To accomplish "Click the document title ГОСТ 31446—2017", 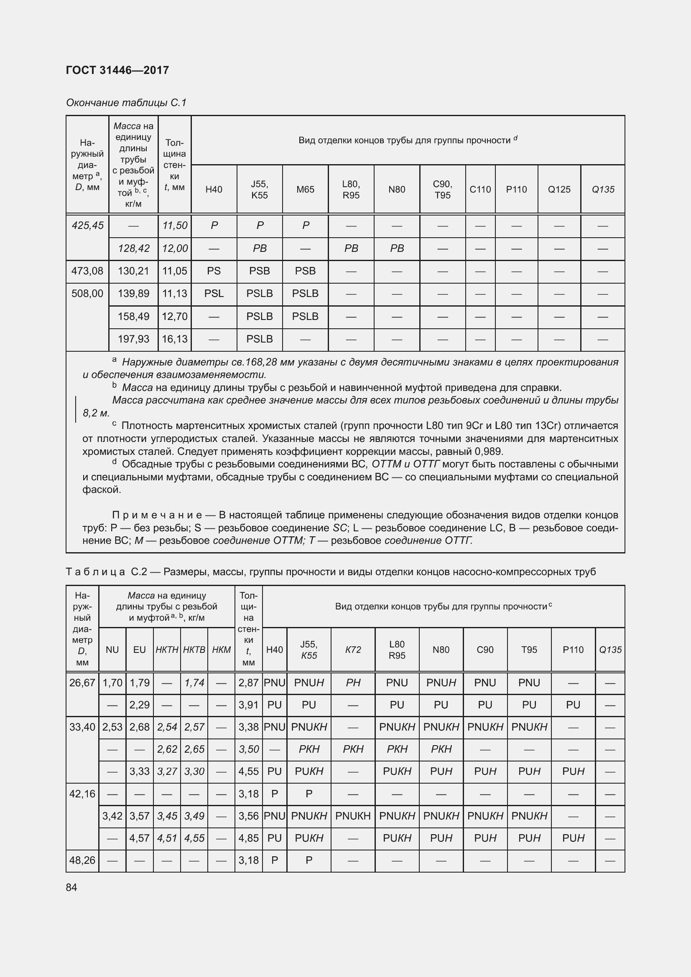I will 117,70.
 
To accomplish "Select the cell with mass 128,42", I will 133,249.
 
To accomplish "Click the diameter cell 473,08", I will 87,271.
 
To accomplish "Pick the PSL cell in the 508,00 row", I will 214,294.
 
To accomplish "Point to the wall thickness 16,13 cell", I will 175,339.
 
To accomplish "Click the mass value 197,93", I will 133,339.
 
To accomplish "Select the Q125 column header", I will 558,189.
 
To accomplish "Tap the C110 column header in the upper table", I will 480,189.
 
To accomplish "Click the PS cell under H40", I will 214,271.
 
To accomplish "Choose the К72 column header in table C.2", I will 353,650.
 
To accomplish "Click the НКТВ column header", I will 194,650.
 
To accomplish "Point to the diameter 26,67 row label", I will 82,683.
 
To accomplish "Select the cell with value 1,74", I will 194,683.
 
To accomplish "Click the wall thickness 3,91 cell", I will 248,705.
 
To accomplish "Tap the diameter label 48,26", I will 82,860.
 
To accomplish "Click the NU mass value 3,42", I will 112,816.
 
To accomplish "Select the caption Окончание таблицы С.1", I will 126,103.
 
